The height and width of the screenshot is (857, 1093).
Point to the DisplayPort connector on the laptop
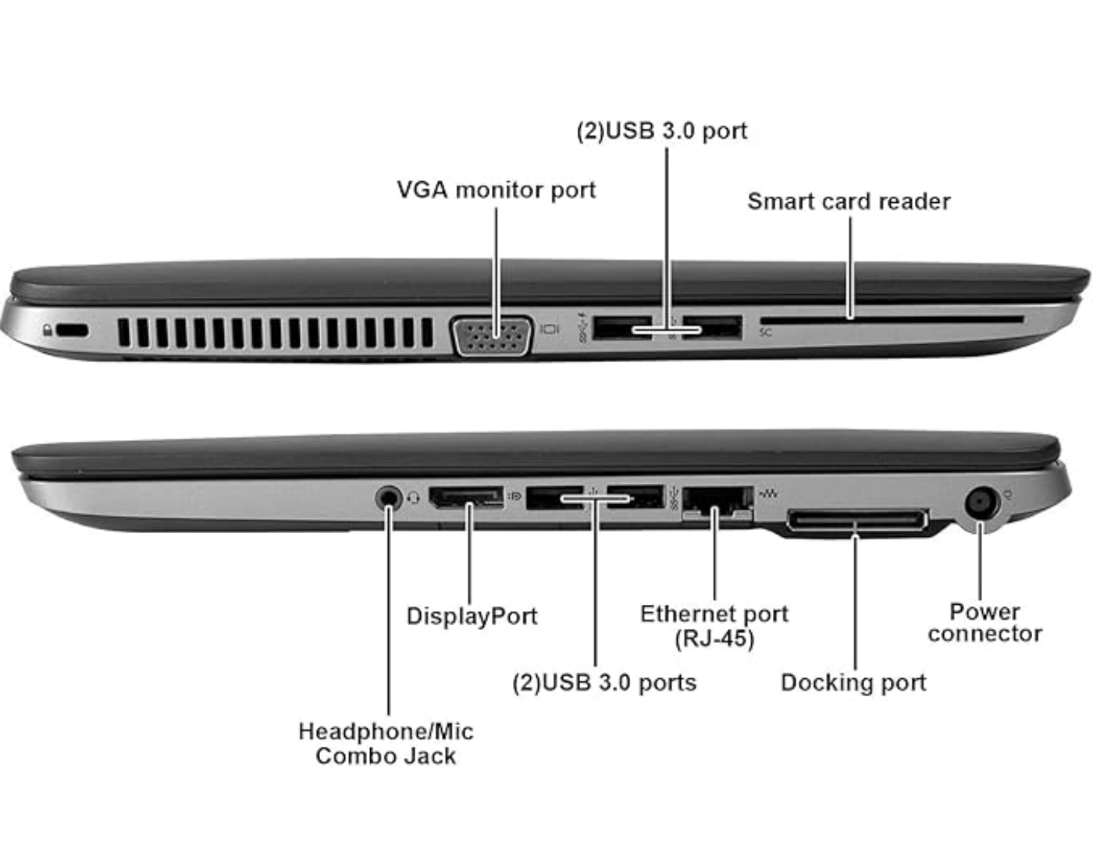point(465,497)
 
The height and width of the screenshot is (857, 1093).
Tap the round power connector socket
point(981,503)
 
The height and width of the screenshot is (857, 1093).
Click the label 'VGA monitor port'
point(496,190)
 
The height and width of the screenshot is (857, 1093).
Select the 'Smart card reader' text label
point(849,201)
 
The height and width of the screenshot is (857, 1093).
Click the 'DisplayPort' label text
point(472,616)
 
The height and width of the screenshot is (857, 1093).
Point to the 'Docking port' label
point(853,682)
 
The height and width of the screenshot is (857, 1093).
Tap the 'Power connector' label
point(984,622)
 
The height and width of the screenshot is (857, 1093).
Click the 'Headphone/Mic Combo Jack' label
point(386,743)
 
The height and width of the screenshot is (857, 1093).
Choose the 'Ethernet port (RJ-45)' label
point(714,626)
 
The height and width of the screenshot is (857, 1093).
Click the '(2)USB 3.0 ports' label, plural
point(604,682)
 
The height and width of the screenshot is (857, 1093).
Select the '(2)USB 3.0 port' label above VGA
point(661,130)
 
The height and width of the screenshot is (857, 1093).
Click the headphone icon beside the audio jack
point(413,498)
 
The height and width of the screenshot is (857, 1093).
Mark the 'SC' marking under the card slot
point(766,332)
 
